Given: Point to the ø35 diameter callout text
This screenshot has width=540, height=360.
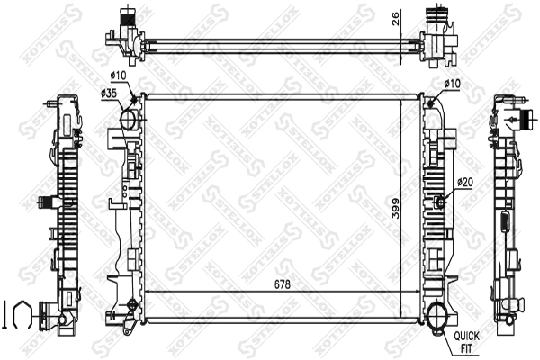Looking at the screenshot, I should pyautogui.click(x=111, y=93).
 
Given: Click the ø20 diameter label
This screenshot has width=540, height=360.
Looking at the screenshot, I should pyautogui.click(x=464, y=183).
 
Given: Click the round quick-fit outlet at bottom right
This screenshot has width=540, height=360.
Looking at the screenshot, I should pyautogui.click(x=439, y=318).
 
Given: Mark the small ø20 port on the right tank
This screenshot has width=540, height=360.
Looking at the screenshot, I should pyautogui.click(x=441, y=201).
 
